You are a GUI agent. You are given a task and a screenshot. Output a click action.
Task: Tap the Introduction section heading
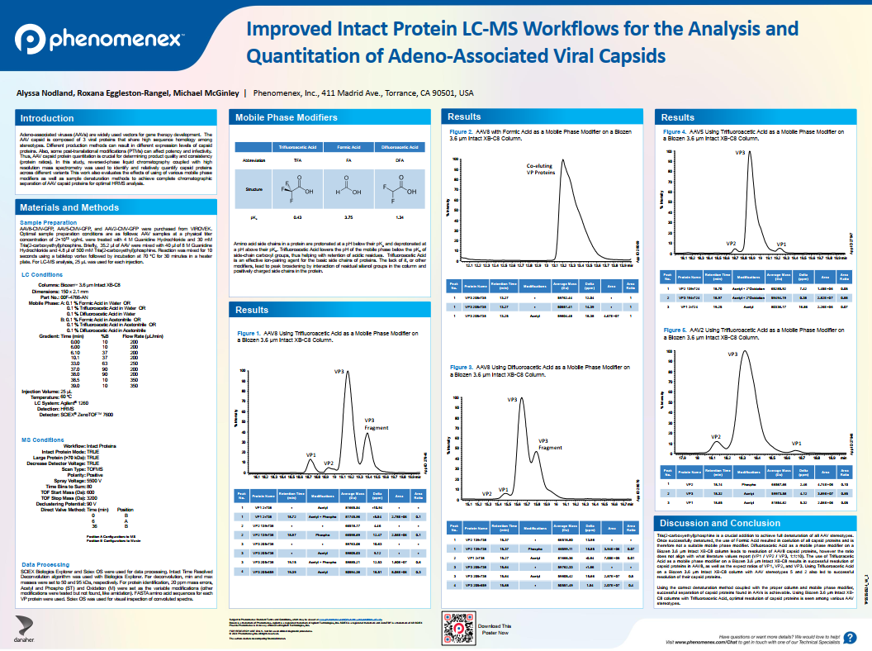tap(47, 118)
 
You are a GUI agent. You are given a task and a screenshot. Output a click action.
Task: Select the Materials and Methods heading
tap(69, 207)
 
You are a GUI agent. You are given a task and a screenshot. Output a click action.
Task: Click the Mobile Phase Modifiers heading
tap(275, 117)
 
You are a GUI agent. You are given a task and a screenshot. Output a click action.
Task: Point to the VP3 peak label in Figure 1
tap(339, 373)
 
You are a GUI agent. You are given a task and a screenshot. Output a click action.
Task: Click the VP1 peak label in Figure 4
tap(781, 245)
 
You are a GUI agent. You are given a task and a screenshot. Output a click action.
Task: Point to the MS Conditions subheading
tap(43, 440)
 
